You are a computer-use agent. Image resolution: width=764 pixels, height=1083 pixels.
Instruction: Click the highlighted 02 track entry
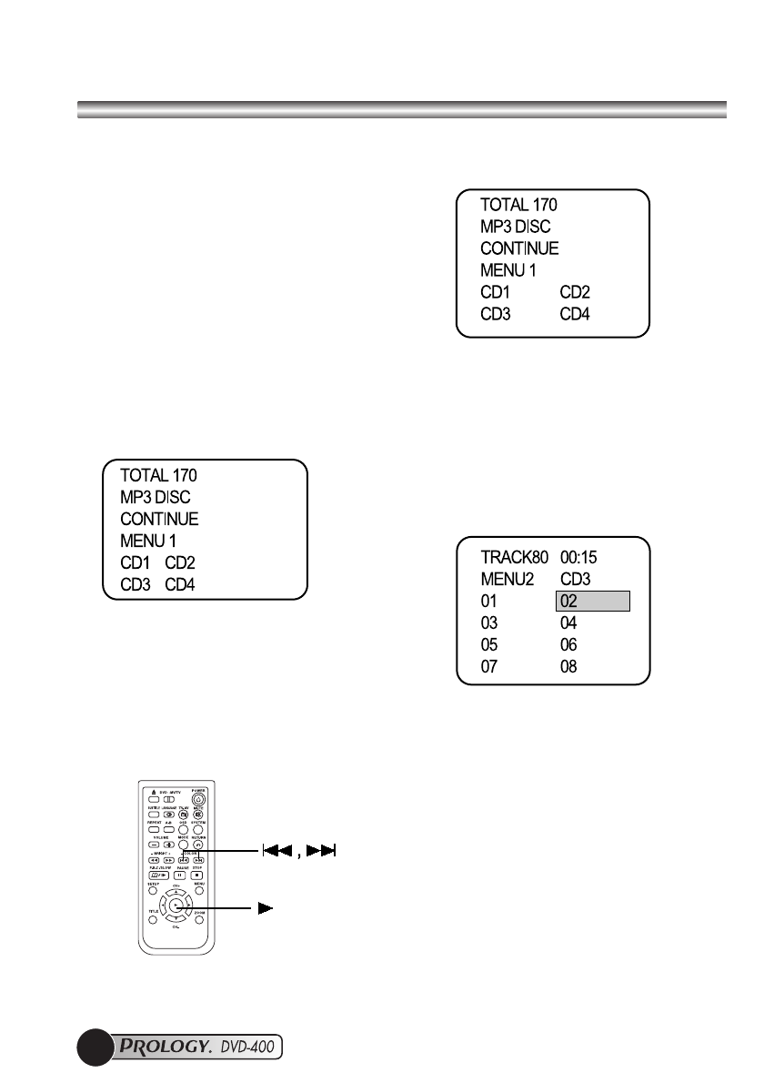pyautogui.click(x=592, y=602)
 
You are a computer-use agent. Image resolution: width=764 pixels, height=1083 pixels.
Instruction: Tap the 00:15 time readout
pyautogui.click(x=580, y=558)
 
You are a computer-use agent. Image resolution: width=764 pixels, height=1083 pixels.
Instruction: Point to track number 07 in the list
pyautogui.click(x=490, y=667)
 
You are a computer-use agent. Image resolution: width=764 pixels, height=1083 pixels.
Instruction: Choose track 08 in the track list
pyautogui.click(x=569, y=667)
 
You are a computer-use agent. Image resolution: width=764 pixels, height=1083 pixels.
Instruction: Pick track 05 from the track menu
pyautogui.click(x=490, y=645)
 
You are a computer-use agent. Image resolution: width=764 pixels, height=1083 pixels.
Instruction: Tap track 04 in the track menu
pyautogui.click(x=569, y=623)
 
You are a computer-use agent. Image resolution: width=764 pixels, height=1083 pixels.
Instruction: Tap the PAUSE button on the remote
pyautogui.click(x=180, y=875)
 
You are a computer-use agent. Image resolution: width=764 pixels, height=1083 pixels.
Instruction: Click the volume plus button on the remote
pyautogui.click(x=169, y=845)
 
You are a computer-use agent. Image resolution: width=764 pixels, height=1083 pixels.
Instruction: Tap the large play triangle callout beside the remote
pyautogui.click(x=266, y=908)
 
